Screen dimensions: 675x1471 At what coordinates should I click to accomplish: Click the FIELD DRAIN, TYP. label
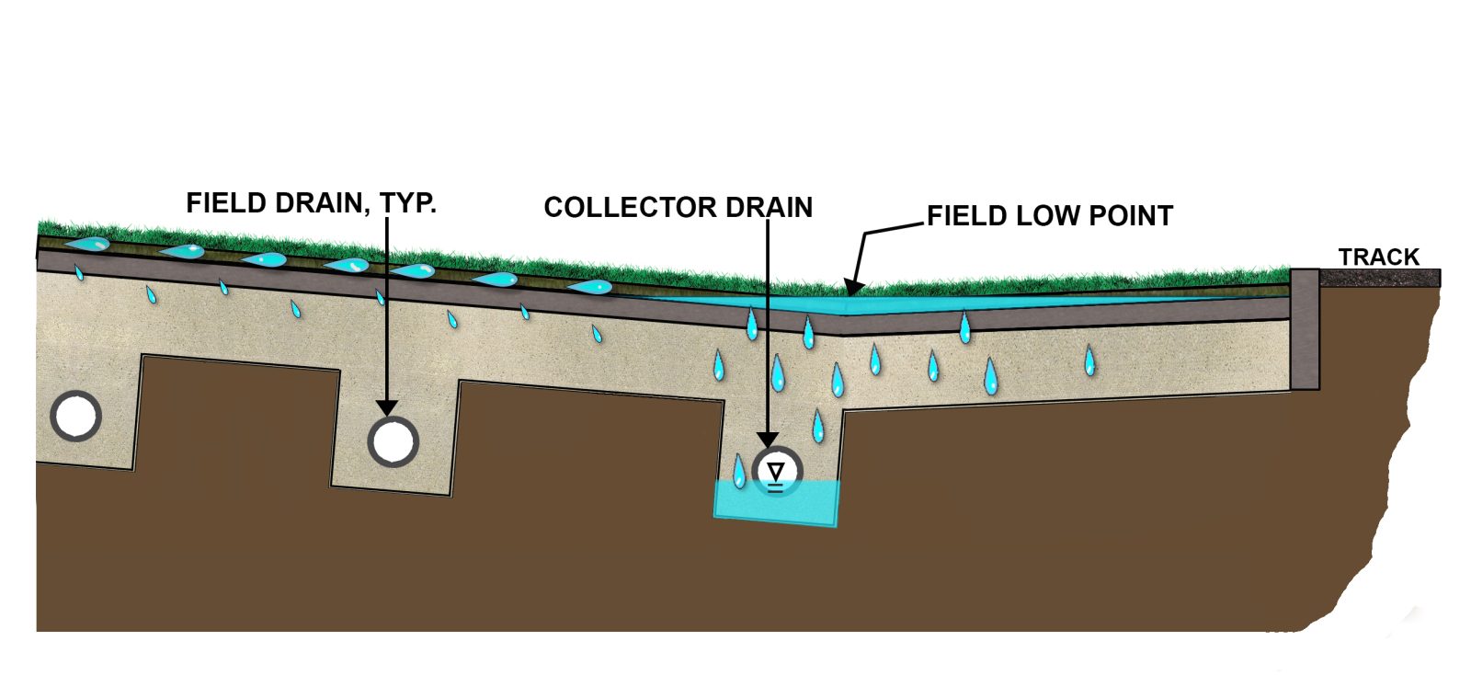[311, 203]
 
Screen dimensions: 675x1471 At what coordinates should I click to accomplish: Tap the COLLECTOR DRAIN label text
[678, 208]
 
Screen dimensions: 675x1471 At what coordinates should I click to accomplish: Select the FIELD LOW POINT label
[1049, 216]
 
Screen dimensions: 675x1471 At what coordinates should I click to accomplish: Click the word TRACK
[1378, 257]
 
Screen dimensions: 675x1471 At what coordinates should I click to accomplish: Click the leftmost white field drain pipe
[75, 417]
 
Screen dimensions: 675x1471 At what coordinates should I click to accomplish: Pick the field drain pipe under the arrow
[393, 441]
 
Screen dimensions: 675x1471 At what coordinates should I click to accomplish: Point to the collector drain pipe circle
[777, 471]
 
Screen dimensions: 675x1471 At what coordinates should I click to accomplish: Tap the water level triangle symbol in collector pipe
[777, 473]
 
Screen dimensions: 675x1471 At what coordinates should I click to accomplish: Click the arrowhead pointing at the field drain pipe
[387, 407]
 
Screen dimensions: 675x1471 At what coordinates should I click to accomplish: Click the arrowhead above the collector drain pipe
[768, 440]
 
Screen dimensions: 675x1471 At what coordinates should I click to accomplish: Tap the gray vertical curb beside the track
[1304, 328]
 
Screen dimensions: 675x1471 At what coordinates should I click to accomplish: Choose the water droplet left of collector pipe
[738, 470]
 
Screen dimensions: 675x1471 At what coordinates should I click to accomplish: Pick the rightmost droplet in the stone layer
[1089, 360]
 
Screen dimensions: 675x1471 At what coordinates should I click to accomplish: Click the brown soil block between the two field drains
[237, 418]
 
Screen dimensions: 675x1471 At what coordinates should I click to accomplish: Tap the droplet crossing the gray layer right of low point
[964, 327]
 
